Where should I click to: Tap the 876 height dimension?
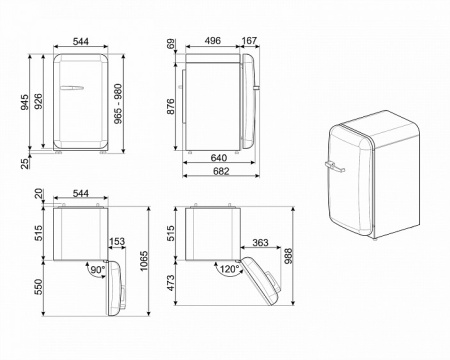pos(171,103)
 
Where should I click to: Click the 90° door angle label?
pos(97,270)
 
